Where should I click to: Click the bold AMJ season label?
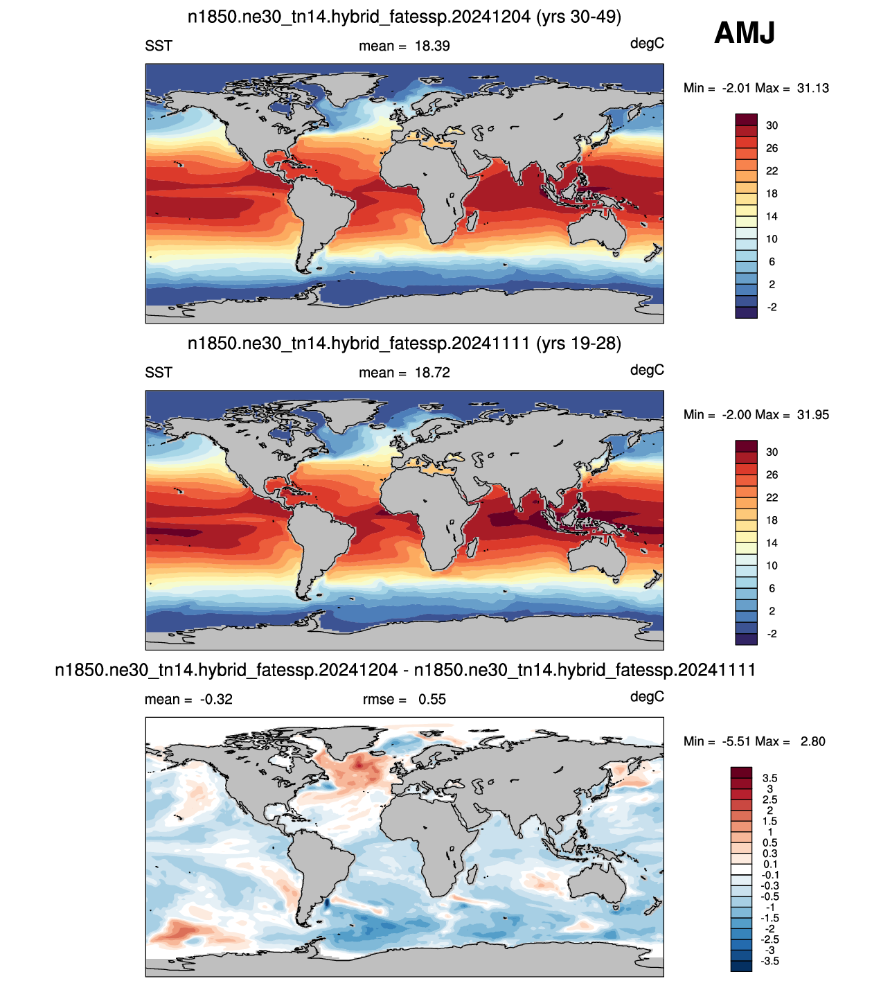[x=745, y=33]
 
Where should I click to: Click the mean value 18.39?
[x=432, y=46]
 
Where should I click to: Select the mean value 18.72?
[x=432, y=373]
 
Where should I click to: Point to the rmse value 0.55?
[x=431, y=699]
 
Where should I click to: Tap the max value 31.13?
[x=812, y=88]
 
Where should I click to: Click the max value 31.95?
[x=812, y=415]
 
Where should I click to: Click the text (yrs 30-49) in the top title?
[x=578, y=17]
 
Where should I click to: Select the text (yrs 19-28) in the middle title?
[x=578, y=344]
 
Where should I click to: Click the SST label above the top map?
[x=159, y=46]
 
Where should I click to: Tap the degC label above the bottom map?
[x=647, y=697]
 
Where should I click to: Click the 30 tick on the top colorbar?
[x=772, y=125]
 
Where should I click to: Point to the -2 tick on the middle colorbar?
[x=772, y=634]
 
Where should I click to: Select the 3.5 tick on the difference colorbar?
[x=769, y=778]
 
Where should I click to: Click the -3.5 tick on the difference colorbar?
[x=769, y=961]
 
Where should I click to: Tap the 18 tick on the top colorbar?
[x=772, y=194]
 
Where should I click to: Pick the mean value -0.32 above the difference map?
[x=216, y=699]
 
